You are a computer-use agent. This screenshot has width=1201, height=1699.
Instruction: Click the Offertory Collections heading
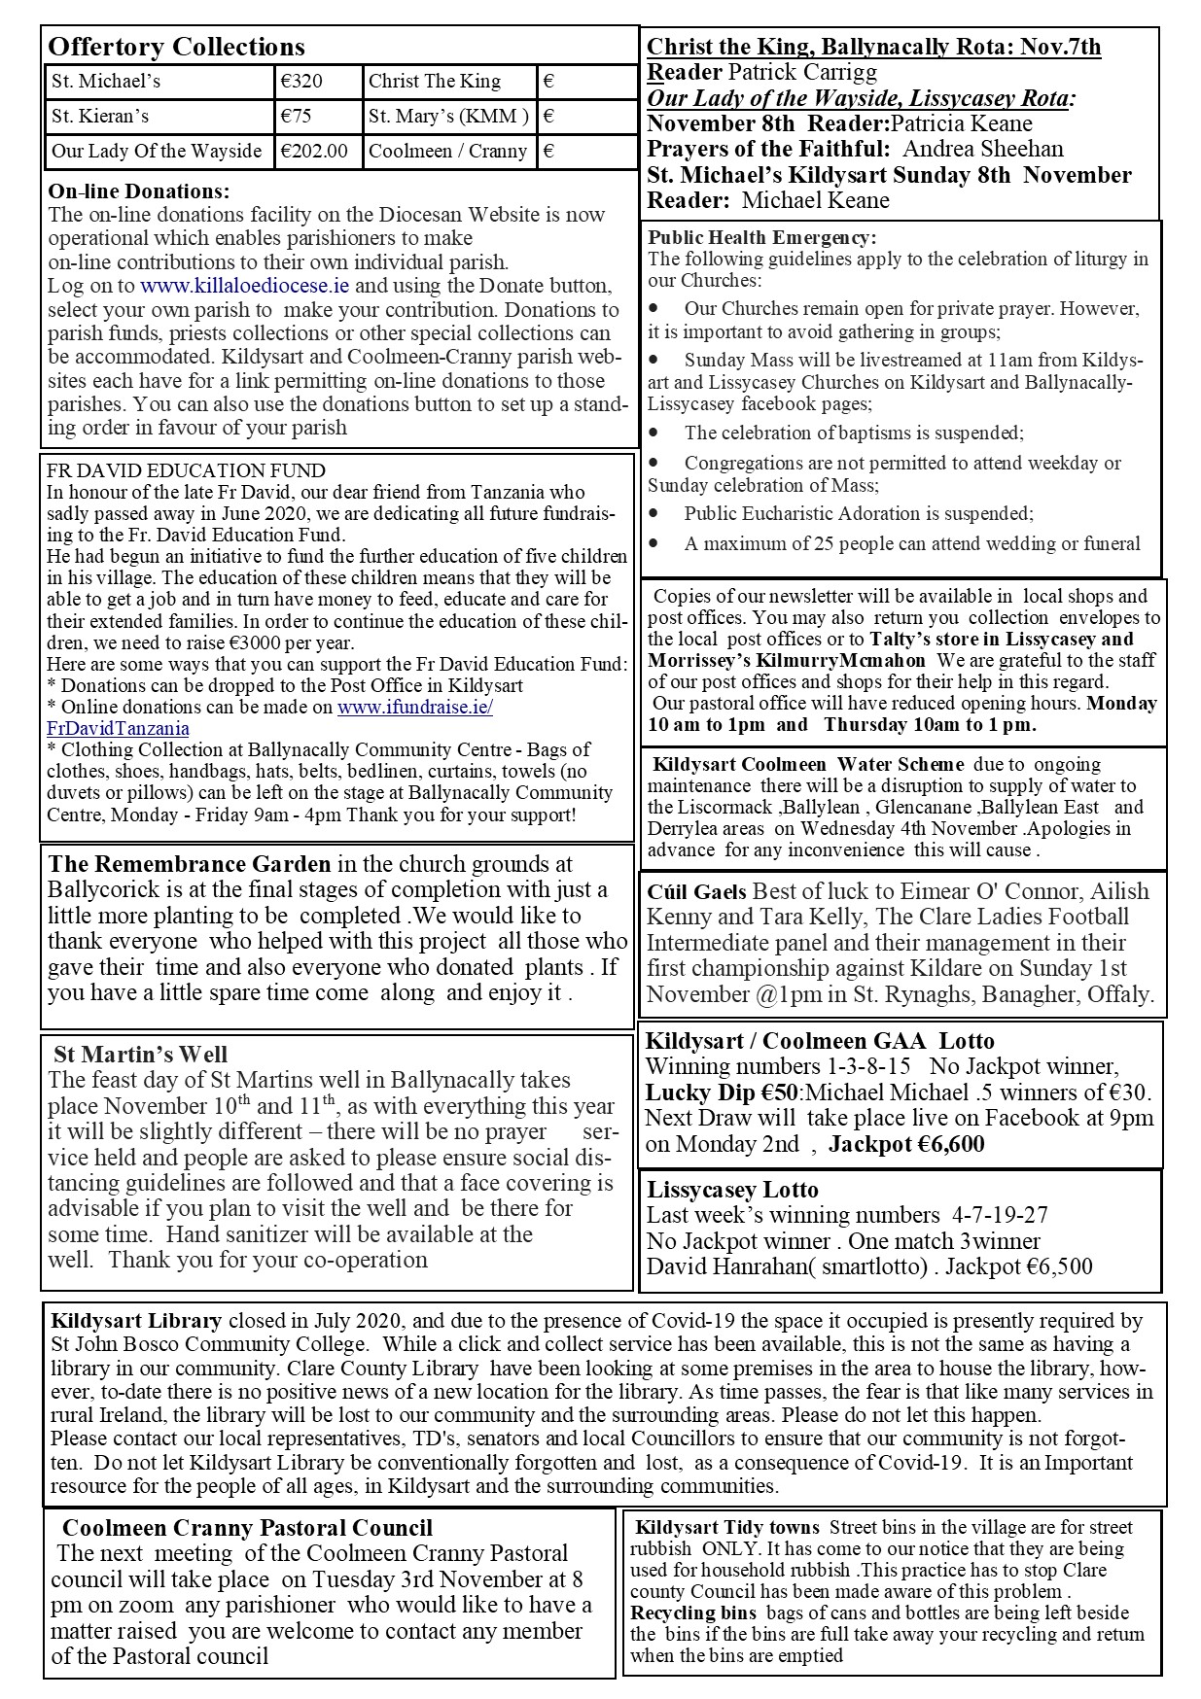coord(176,47)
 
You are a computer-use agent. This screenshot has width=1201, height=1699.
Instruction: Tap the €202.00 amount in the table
coord(313,151)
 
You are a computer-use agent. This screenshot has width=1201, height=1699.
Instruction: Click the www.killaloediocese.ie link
coord(245,286)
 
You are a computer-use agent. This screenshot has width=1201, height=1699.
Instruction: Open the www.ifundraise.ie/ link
coord(415,708)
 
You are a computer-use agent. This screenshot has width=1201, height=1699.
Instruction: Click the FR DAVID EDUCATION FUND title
coord(186,471)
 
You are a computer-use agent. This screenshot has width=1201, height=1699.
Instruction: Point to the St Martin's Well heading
coord(140,1055)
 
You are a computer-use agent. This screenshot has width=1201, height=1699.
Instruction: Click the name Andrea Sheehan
coord(982,149)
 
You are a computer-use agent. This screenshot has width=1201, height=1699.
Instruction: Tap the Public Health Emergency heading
coord(761,237)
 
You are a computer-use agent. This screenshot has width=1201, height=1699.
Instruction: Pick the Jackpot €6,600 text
coord(906,1144)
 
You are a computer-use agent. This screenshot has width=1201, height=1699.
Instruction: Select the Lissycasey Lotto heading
coord(732,1190)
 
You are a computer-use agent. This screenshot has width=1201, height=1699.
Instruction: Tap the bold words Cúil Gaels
coord(696,891)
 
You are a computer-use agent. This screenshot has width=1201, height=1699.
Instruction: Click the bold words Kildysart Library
coord(136,1321)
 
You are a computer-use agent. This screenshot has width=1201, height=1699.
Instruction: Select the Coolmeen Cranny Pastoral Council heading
coord(247,1529)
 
